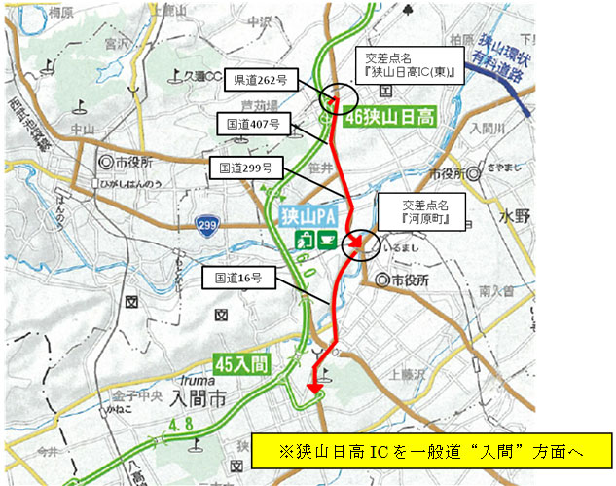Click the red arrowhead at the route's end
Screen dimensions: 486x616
(313, 391)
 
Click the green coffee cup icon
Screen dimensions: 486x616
(325, 240)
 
